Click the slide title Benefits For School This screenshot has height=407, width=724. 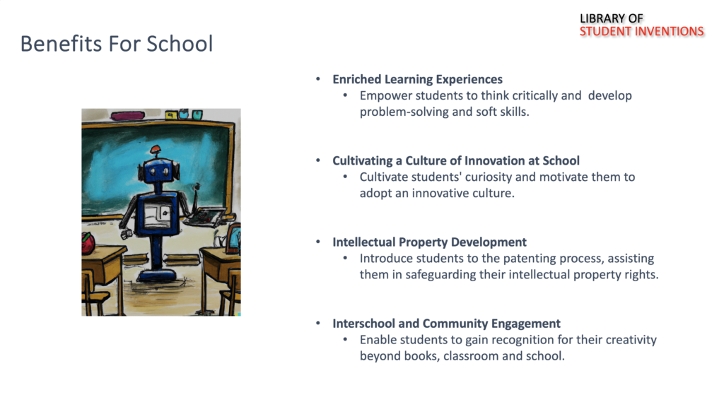pos(117,44)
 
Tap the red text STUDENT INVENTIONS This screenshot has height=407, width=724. pos(641,31)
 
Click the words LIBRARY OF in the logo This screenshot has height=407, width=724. pos(611,18)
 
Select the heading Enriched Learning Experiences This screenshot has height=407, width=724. pos(417,79)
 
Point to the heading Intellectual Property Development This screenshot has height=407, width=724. pos(429,242)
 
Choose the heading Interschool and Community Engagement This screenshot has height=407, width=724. pos(447,324)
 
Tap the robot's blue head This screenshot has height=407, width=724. pos(159,170)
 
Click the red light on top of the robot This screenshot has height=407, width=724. pos(156,149)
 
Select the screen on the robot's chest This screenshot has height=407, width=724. pos(157,215)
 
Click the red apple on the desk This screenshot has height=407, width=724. pos(88,243)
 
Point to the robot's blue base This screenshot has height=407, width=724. pos(156,276)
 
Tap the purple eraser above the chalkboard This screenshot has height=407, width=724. pos(127,115)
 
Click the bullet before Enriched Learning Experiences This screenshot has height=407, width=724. pos(318,79)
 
